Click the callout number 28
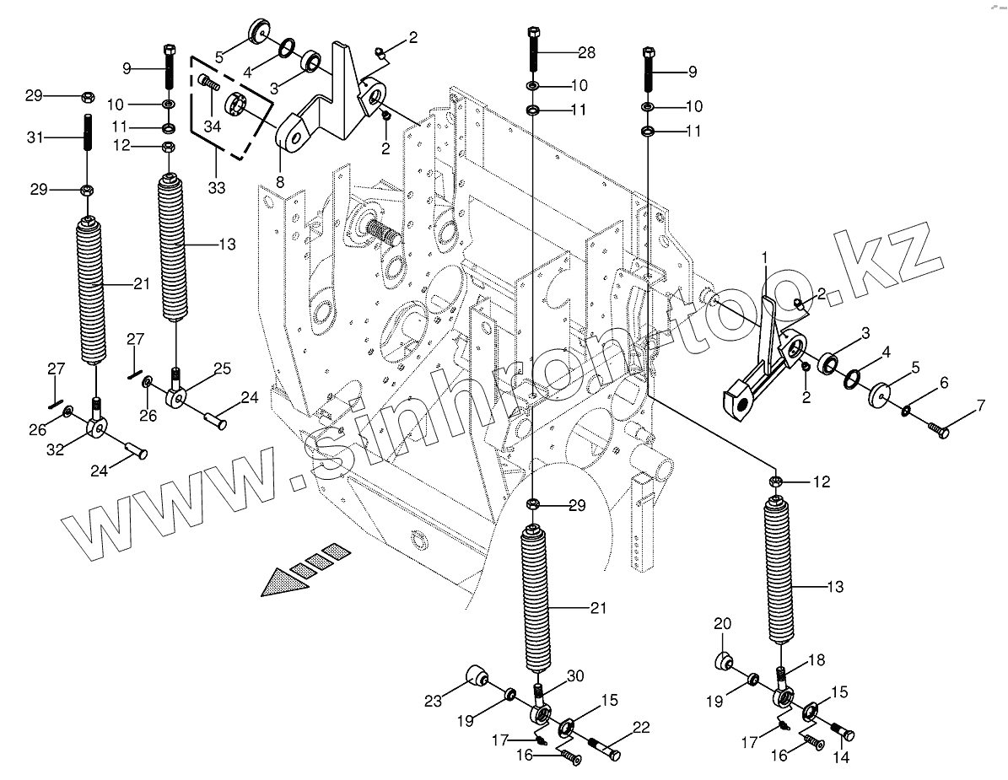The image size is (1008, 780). point(585,52)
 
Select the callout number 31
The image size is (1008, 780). point(35,137)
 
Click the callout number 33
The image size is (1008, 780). point(217,188)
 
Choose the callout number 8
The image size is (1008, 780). point(279,181)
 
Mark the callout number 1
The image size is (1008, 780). point(764,255)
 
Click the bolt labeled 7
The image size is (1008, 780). point(938,431)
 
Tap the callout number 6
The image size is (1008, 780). point(943,382)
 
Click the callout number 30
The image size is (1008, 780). point(575,675)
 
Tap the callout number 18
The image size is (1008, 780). point(817,660)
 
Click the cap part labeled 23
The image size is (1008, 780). point(478,676)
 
